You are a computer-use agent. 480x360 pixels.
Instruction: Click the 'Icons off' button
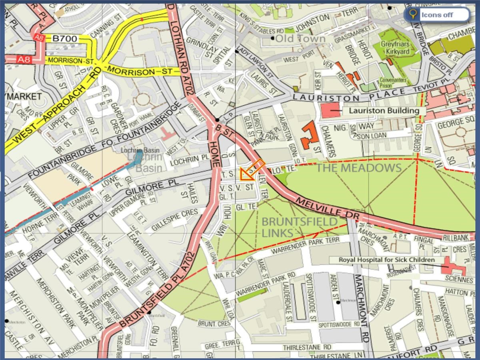(x=437, y=15)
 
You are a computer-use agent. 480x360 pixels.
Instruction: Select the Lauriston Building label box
(x=384, y=111)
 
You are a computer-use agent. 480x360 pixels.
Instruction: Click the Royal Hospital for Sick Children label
(x=386, y=260)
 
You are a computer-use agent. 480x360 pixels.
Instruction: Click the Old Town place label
(x=300, y=39)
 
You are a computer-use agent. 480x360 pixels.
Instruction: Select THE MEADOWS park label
(x=358, y=168)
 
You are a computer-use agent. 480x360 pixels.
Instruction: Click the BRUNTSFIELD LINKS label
(x=299, y=227)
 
